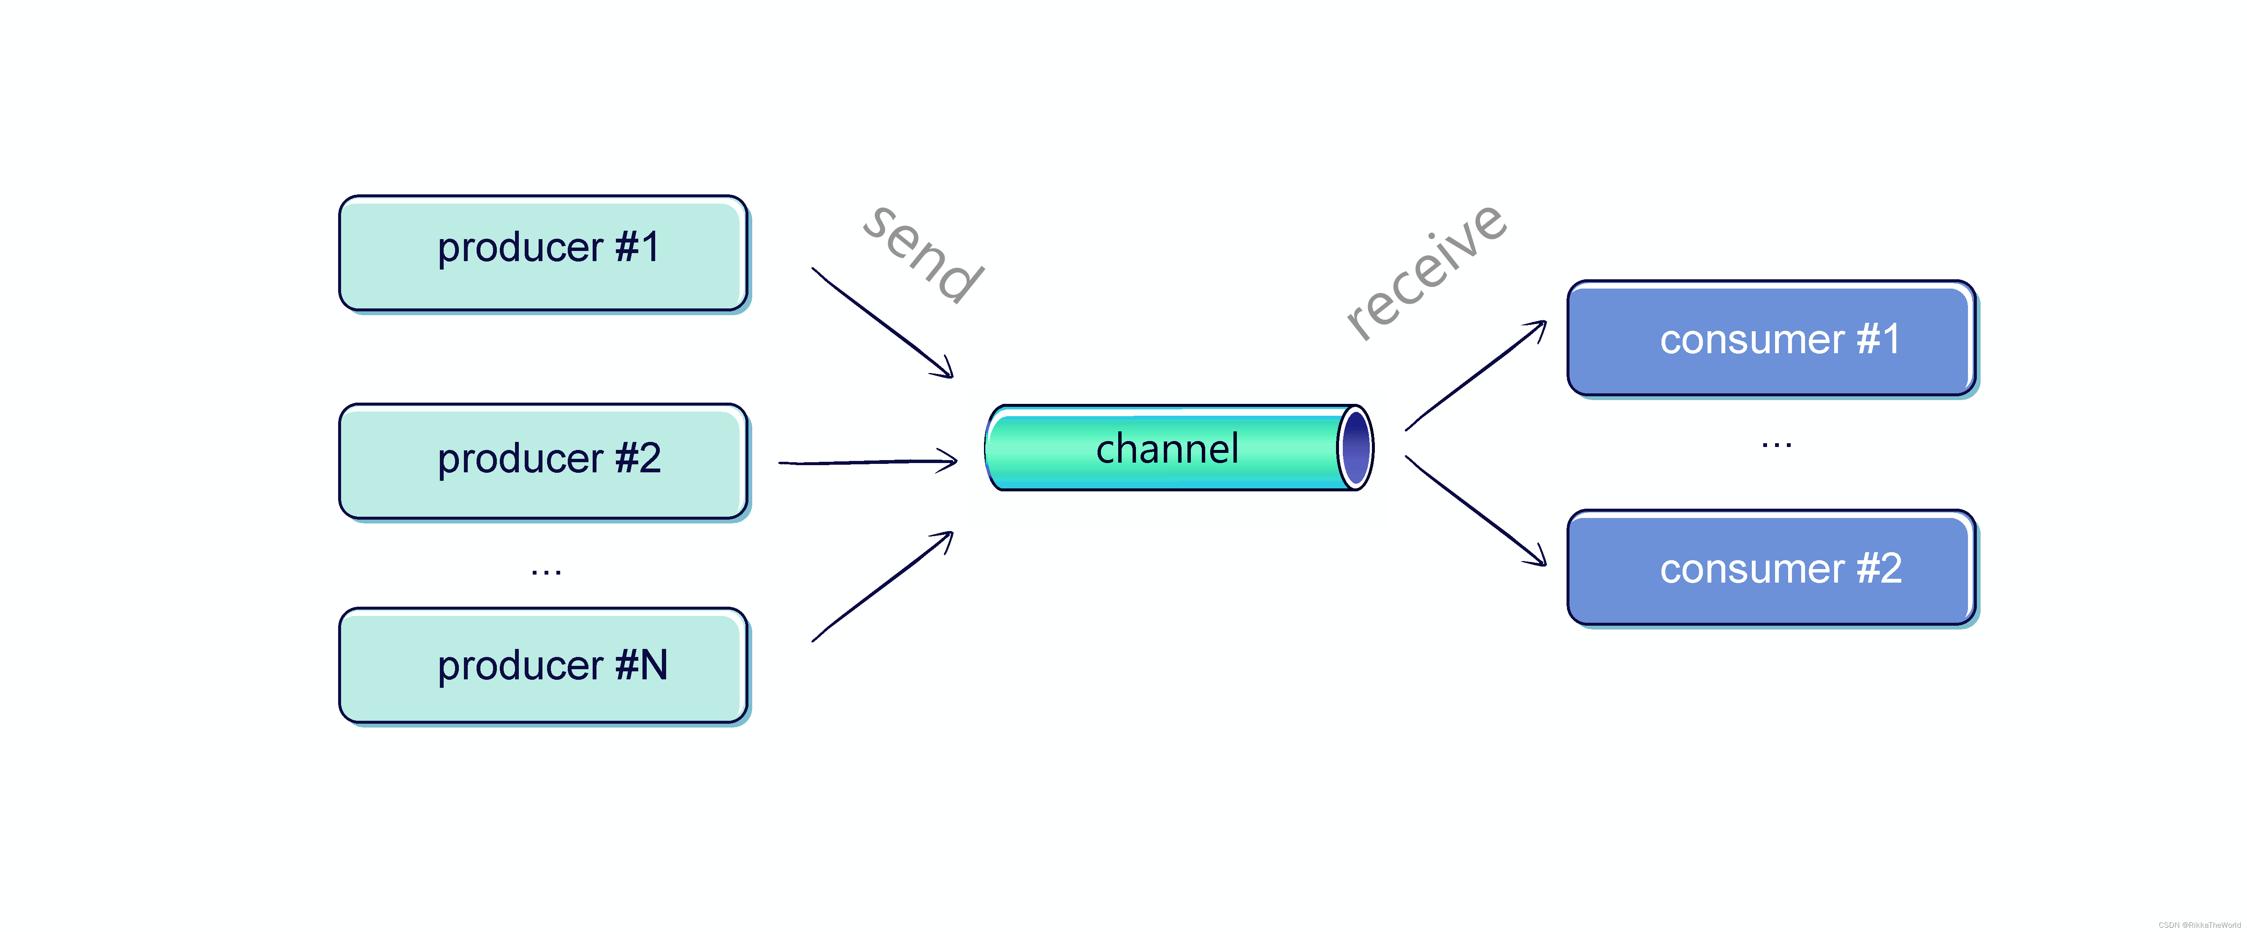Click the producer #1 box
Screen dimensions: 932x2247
[542, 253]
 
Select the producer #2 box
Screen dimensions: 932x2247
[542, 461]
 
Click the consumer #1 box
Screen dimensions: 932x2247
[1771, 338]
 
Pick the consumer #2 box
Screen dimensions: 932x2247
[1771, 568]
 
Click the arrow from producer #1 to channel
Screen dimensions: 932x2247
[883, 323]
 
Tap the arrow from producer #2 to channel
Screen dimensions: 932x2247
[868, 462]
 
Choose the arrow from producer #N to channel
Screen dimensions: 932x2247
[883, 586]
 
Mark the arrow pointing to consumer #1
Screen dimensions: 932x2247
[1476, 375]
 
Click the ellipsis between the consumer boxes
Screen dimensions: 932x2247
[1776, 445]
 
